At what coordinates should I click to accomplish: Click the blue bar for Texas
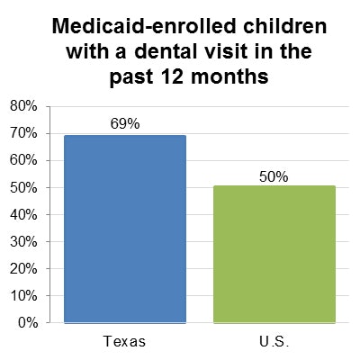125,229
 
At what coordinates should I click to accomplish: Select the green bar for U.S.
274,254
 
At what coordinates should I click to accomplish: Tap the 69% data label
125,123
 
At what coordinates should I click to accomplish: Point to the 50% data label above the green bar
274,176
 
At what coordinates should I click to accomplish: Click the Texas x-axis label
125,342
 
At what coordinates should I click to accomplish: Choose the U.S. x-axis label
274,342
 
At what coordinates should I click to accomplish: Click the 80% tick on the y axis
23,106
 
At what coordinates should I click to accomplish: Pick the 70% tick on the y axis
23,133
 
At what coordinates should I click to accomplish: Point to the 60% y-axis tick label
23,160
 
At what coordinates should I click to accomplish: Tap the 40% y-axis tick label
23,214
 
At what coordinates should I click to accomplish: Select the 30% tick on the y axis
23,241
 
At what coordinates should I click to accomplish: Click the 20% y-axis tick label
23,268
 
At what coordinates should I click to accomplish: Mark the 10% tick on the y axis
23,295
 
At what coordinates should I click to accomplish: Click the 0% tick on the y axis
27,322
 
